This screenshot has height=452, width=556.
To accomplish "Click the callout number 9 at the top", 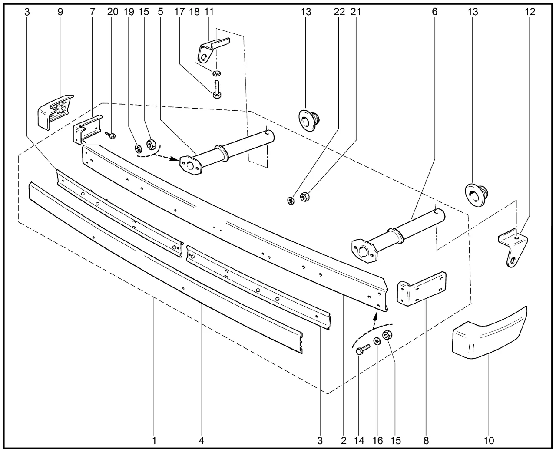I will click(60, 12).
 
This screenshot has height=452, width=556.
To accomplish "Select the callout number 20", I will click(112, 12).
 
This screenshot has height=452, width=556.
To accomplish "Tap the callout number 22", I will click(339, 12).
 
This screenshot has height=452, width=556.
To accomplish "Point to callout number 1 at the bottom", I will click(154, 441).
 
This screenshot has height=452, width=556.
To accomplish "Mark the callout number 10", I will click(489, 441).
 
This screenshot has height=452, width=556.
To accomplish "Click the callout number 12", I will click(530, 12).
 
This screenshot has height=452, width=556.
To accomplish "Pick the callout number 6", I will click(434, 12).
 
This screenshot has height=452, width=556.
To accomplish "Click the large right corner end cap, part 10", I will click(489, 334).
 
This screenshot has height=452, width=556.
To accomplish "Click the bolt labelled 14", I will click(362, 350).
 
